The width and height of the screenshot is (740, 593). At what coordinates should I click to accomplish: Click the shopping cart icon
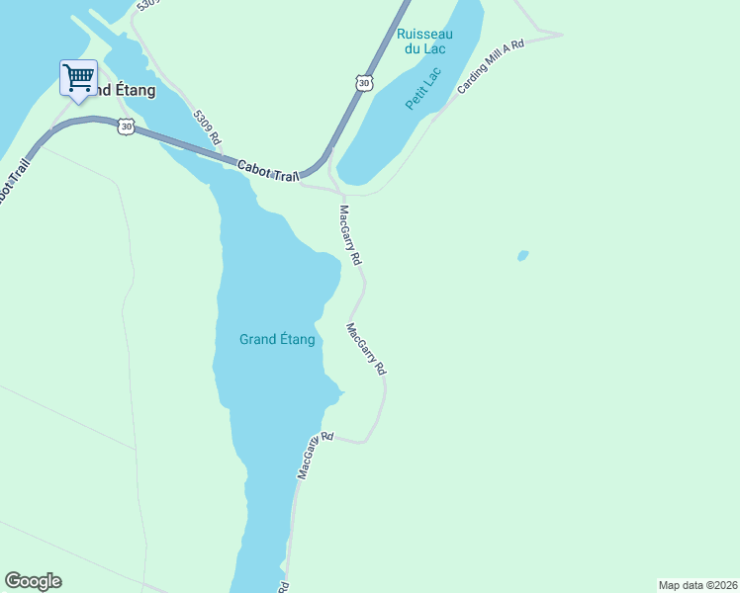pyautogui.click(x=78, y=77)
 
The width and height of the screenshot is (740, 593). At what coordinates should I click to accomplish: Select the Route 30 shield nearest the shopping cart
pyautogui.click(x=125, y=127)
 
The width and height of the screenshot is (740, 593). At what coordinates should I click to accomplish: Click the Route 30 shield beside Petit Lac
pyautogui.click(x=365, y=83)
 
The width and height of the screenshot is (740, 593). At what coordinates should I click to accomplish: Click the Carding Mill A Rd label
pyautogui.click(x=490, y=68)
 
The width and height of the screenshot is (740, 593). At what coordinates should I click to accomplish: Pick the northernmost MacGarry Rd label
pyautogui.click(x=350, y=234)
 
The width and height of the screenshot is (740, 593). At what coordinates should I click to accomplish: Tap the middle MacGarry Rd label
pyautogui.click(x=366, y=349)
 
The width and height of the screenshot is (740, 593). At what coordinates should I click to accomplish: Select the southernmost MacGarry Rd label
pyautogui.click(x=316, y=456)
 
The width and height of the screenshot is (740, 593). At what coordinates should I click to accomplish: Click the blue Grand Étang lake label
pyautogui.click(x=277, y=339)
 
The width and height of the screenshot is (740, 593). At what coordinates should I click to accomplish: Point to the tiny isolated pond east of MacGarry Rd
pyautogui.click(x=522, y=256)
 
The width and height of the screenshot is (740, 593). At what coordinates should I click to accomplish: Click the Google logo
pyautogui.click(x=33, y=581)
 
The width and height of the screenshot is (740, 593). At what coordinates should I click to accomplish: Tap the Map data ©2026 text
pyautogui.click(x=697, y=584)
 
